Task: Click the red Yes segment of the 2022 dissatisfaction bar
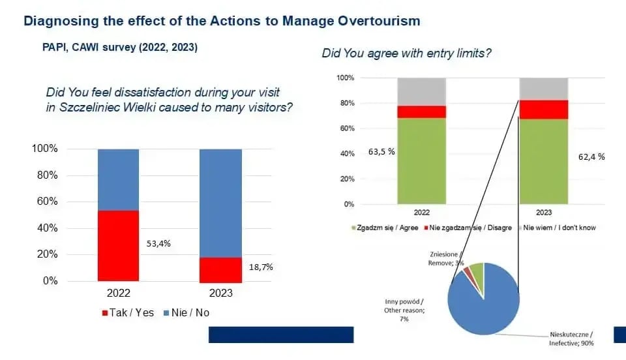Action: (118, 245)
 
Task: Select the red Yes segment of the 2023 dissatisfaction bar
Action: (220, 269)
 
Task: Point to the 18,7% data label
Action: (261, 267)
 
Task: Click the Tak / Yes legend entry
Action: (128, 312)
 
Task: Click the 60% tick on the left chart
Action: (45, 202)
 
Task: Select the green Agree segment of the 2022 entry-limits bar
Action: (421, 160)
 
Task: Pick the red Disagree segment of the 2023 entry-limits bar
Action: (543, 110)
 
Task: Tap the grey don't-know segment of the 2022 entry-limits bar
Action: (421, 92)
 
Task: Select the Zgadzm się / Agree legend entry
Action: (385, 228)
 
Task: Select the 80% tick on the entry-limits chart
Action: (345, 103)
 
